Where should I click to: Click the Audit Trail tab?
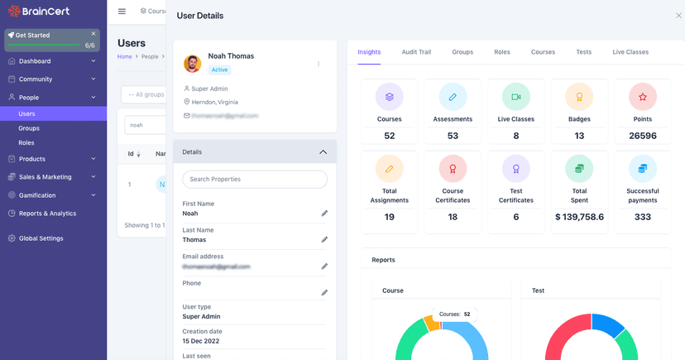416,52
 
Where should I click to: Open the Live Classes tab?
630,52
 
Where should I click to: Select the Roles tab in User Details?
502,52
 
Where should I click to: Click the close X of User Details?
679,16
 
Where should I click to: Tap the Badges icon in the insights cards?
579,97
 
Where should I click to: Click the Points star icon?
643,97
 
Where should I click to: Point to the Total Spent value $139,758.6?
579,217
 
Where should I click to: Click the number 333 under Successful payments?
643,217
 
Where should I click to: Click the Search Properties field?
255,179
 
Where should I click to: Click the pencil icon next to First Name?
324,214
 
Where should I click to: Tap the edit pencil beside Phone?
324,293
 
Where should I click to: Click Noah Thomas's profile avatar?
193,63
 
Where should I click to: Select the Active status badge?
219,70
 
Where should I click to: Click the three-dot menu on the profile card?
319,64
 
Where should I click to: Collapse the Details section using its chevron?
323,152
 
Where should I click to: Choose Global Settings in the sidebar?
41,238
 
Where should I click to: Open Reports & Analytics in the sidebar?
47,214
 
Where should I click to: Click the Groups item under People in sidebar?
29,128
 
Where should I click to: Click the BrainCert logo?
39,12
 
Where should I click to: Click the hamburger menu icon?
122,12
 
